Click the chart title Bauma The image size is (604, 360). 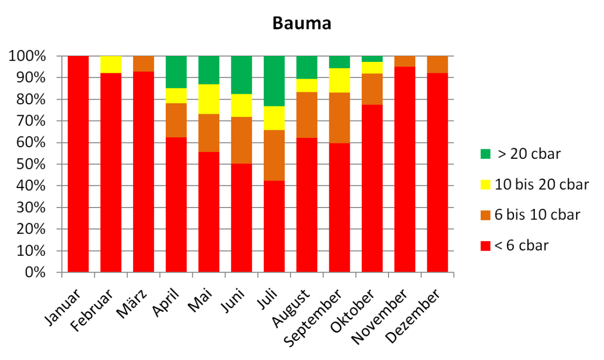pyautogui.click(x=301, y=24)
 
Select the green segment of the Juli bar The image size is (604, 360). pyautogui.click(x=274, y=81)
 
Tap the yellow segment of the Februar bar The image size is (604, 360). pyautogui.click(x=111, y=64)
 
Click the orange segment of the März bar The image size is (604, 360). pyautogui.click(x=144, y=63)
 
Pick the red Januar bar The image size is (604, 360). pyautogui.click(x=78, y=164)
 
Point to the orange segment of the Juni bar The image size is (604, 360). pyautogui.click(x=242, y=140)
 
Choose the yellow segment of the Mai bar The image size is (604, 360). pyautogui.click(x=209, y=99)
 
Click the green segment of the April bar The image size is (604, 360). pyautogui.click(x=176, y=72)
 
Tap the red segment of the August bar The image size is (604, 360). pyautogui.click(x=307, y=205)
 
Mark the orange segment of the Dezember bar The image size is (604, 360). pyautogui.click(x=437, y=64)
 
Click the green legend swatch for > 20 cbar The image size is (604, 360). pyautogui.click(x=486, y=155)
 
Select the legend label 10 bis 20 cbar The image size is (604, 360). pyautogui.click(x=542, y=184)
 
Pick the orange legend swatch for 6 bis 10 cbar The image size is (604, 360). pyautogui.click(x=486, y=215)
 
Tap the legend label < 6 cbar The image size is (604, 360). pyautogui.click(x=522, y=245)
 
